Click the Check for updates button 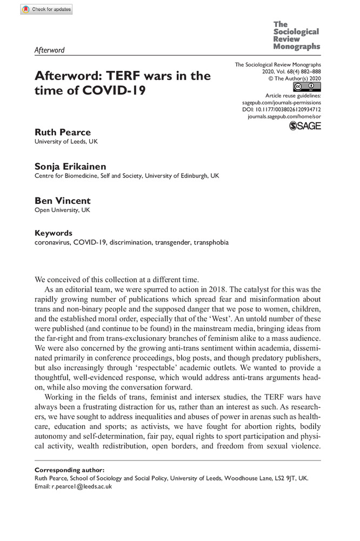(46, 9)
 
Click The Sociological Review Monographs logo (296, 36)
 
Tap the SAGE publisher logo (305, 126)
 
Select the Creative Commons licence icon (304, 87)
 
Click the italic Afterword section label (49, 50)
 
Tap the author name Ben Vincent (62, 201)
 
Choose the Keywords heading (53, 233)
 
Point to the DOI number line (281, 109)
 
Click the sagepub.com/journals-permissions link (279, 102)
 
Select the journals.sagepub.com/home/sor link (284, 116)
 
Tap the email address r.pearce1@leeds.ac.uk (81, 486)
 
